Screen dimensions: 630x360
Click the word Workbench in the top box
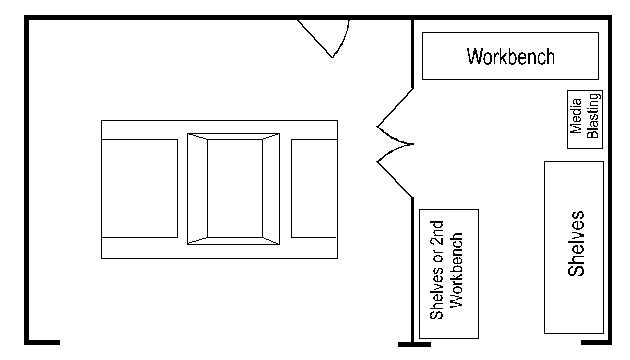[510, 56]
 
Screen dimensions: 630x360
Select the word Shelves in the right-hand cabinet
[576, 245]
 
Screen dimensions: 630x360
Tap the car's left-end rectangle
[140, 188]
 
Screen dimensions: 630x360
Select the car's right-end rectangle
[314, 188]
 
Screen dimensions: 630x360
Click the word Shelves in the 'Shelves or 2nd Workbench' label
[437, 296]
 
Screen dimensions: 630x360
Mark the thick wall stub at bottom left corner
[41, 343]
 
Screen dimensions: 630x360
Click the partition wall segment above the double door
[413, 55]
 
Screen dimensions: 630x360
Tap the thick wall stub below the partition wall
[414, 344]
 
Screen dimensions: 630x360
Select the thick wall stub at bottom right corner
[595, 343]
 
